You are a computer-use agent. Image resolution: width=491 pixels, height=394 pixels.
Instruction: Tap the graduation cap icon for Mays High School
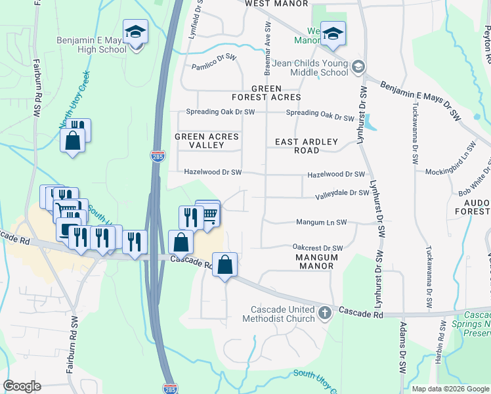[x=135, y=32]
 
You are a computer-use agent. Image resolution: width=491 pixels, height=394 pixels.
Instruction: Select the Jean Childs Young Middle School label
[x=320, y=68]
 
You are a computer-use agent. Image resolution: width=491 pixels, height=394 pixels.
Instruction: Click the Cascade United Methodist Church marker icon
[x=324, y=313]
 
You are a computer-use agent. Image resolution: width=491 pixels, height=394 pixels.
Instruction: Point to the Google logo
[x=22, y=386]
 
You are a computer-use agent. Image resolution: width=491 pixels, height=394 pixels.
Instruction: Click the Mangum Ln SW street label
[x=321, y=223]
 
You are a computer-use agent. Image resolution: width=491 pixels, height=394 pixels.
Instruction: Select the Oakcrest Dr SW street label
[x=318, y=248]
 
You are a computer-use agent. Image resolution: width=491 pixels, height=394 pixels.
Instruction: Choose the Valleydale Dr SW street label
[x=342, y=193]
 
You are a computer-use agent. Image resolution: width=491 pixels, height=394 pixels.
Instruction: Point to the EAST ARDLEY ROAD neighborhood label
[x=306, y=146]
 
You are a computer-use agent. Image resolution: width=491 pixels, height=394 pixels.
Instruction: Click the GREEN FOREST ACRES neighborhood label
[x=266, y=93]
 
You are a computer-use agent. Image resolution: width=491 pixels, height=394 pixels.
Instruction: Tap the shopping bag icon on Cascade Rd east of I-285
[x=224, y=266]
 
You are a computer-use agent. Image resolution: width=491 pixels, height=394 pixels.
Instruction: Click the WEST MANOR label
[x=276, y=4]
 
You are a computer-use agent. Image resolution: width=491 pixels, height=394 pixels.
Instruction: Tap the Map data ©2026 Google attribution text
[x=450, y=388]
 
